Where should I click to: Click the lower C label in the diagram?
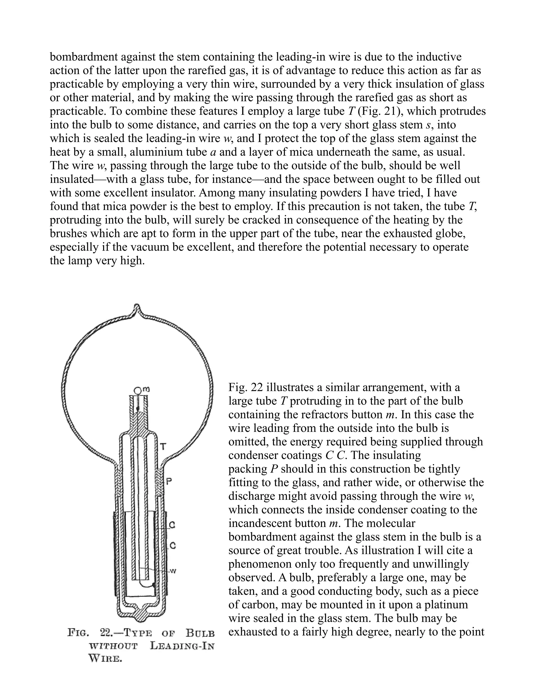coord(172,546)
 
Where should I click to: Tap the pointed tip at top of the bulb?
coord(137,308)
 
